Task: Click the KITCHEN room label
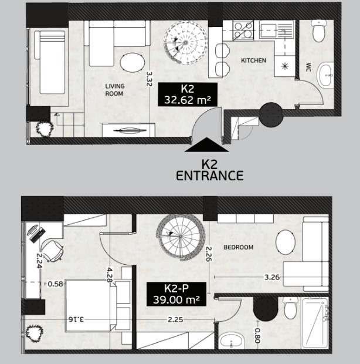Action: point(253,60)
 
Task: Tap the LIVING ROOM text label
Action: point(115,90)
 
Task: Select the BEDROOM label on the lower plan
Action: point(238,247)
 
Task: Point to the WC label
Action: point(308,67)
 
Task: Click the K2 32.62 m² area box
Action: point(188,95)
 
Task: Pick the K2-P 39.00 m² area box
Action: point(176,294)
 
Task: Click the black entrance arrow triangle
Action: point(206,144)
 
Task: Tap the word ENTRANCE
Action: point(210,176)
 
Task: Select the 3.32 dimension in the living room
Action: point(149,79)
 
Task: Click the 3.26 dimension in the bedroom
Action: point(272,277)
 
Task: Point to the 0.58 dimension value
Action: point(55,284)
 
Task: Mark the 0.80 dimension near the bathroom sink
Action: point(257,336)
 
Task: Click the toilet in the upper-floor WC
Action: point(319,31)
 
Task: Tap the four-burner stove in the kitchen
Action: point(243,31)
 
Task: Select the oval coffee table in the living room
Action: point(133,62)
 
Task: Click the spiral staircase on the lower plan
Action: point(181,237)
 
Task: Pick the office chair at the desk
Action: point(52,251)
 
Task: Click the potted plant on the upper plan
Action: point(44,129)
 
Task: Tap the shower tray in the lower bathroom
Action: point(315,323)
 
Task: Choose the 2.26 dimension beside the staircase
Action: point(209,254)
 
